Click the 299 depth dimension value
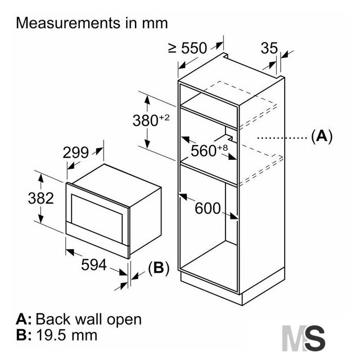pos(75,152)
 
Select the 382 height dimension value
pos(41,198)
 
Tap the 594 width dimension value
pos(94,265)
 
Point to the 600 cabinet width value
pos(208,209)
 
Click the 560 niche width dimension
pos(209,150)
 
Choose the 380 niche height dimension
pos(151,120)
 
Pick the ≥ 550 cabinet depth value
pos(187,48)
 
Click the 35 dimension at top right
pos(269,48)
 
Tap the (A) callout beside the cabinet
pos(322,137)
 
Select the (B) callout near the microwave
pos(159,268)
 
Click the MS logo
pos(303,338)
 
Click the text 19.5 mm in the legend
pos(67,335)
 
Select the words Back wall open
pos(89,319)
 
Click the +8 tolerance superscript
pos(222,147)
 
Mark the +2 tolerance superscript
pos(164,118)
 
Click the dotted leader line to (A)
pos(282,138)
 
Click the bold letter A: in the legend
pos(24,319)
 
